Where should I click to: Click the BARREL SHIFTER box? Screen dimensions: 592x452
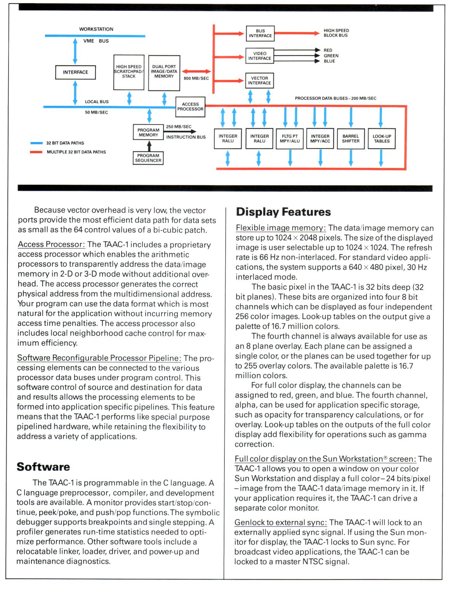351,139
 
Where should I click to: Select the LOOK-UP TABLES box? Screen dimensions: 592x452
382,139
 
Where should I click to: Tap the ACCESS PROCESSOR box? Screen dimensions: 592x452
190,107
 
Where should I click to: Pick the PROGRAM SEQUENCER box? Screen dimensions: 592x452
148,158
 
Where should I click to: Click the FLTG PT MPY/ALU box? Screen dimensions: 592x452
290,139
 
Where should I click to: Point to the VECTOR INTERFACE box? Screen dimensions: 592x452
259,81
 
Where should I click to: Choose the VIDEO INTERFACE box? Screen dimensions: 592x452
260,56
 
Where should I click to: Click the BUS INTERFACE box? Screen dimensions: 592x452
260,33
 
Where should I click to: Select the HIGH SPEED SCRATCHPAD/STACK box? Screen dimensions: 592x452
129,72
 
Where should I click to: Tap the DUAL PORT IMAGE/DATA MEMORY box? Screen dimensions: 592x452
164,73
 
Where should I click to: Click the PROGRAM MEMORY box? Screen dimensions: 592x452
148,133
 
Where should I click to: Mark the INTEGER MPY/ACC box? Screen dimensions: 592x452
320,139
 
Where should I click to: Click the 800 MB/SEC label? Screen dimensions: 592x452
196,78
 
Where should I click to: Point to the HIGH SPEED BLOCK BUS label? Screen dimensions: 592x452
336,33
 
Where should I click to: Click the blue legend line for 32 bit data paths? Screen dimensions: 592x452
37,143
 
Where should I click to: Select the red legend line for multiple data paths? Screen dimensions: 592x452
37,152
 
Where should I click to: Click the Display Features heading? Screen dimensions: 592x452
283,212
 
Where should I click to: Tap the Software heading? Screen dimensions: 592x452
43,467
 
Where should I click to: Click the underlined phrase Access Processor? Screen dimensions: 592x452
51,245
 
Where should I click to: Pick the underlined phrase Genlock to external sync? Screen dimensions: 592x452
280,523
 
